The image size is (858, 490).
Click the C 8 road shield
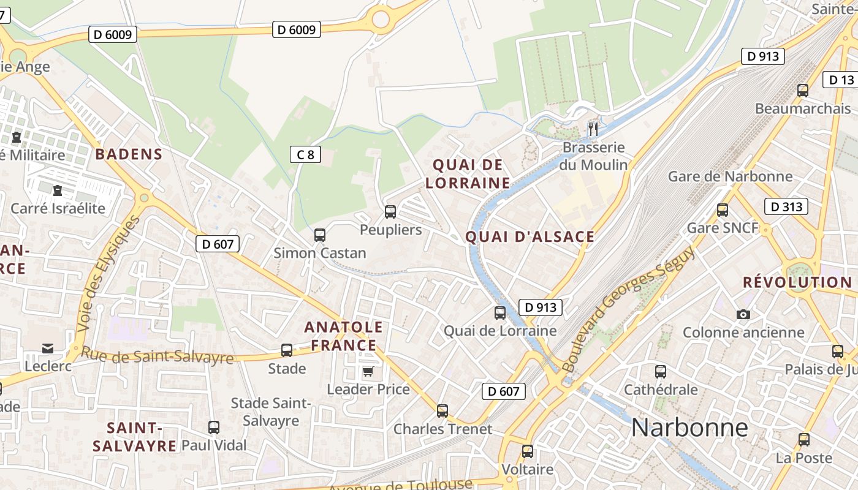pos(305,154)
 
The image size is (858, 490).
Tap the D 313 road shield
pos(786,206)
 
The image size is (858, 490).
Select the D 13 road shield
pos(841,80)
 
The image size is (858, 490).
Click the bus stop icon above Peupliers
pos(390,212)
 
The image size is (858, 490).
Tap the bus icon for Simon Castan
pos(319,235)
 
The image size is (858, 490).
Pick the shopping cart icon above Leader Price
pos(368,371)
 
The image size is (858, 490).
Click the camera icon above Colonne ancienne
pos(743,314)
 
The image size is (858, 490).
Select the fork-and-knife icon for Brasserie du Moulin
pos(593,129)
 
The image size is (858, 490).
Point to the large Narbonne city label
pos(689,427)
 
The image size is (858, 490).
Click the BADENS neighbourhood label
pos(129,154)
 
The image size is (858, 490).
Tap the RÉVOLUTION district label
pos(797,282)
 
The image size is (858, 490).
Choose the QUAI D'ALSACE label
pos(530,236)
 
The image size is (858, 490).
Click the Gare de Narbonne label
pos(730,176)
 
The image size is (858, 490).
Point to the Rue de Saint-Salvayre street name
pos(157,355)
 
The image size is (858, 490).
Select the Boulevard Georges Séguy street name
pos(628,309)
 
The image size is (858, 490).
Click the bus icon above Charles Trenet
pos(442,410)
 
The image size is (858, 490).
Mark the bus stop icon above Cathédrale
pos(660,371)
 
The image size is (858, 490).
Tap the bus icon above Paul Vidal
pos(213,427)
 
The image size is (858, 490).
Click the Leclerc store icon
pos(48,349)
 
